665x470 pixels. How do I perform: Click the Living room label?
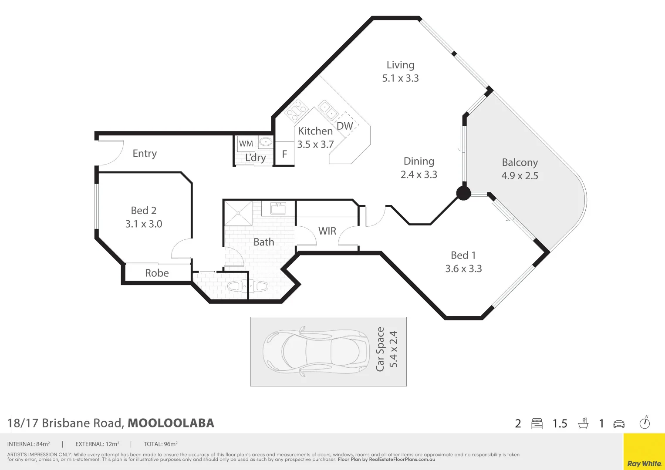pos(400,65)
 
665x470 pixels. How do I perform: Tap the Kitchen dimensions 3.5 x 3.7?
pos(315,144)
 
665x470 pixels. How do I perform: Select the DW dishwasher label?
pos(344,126)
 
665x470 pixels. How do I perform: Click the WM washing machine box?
pos(246,144)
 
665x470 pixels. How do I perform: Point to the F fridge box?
pos(284,154)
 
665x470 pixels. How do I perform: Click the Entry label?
pos(145,154)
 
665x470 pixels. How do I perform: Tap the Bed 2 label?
pos(144,211)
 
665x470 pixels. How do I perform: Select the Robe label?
pos(157,273)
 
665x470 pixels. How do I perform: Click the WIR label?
pos(327,231)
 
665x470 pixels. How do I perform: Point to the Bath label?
pos(264,242)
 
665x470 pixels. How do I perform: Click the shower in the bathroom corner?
pos(238,213)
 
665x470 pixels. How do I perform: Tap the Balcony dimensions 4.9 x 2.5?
pos(520,176)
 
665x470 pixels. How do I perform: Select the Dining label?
pos(419,161)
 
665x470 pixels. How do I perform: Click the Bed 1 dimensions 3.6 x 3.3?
pos(463,269)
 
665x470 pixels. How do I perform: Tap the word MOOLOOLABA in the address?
pos(171,423)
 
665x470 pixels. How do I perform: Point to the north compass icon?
pos(645,423)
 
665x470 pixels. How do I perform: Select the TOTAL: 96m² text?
pos(160,444)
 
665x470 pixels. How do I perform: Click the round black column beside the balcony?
pos(463,193)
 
